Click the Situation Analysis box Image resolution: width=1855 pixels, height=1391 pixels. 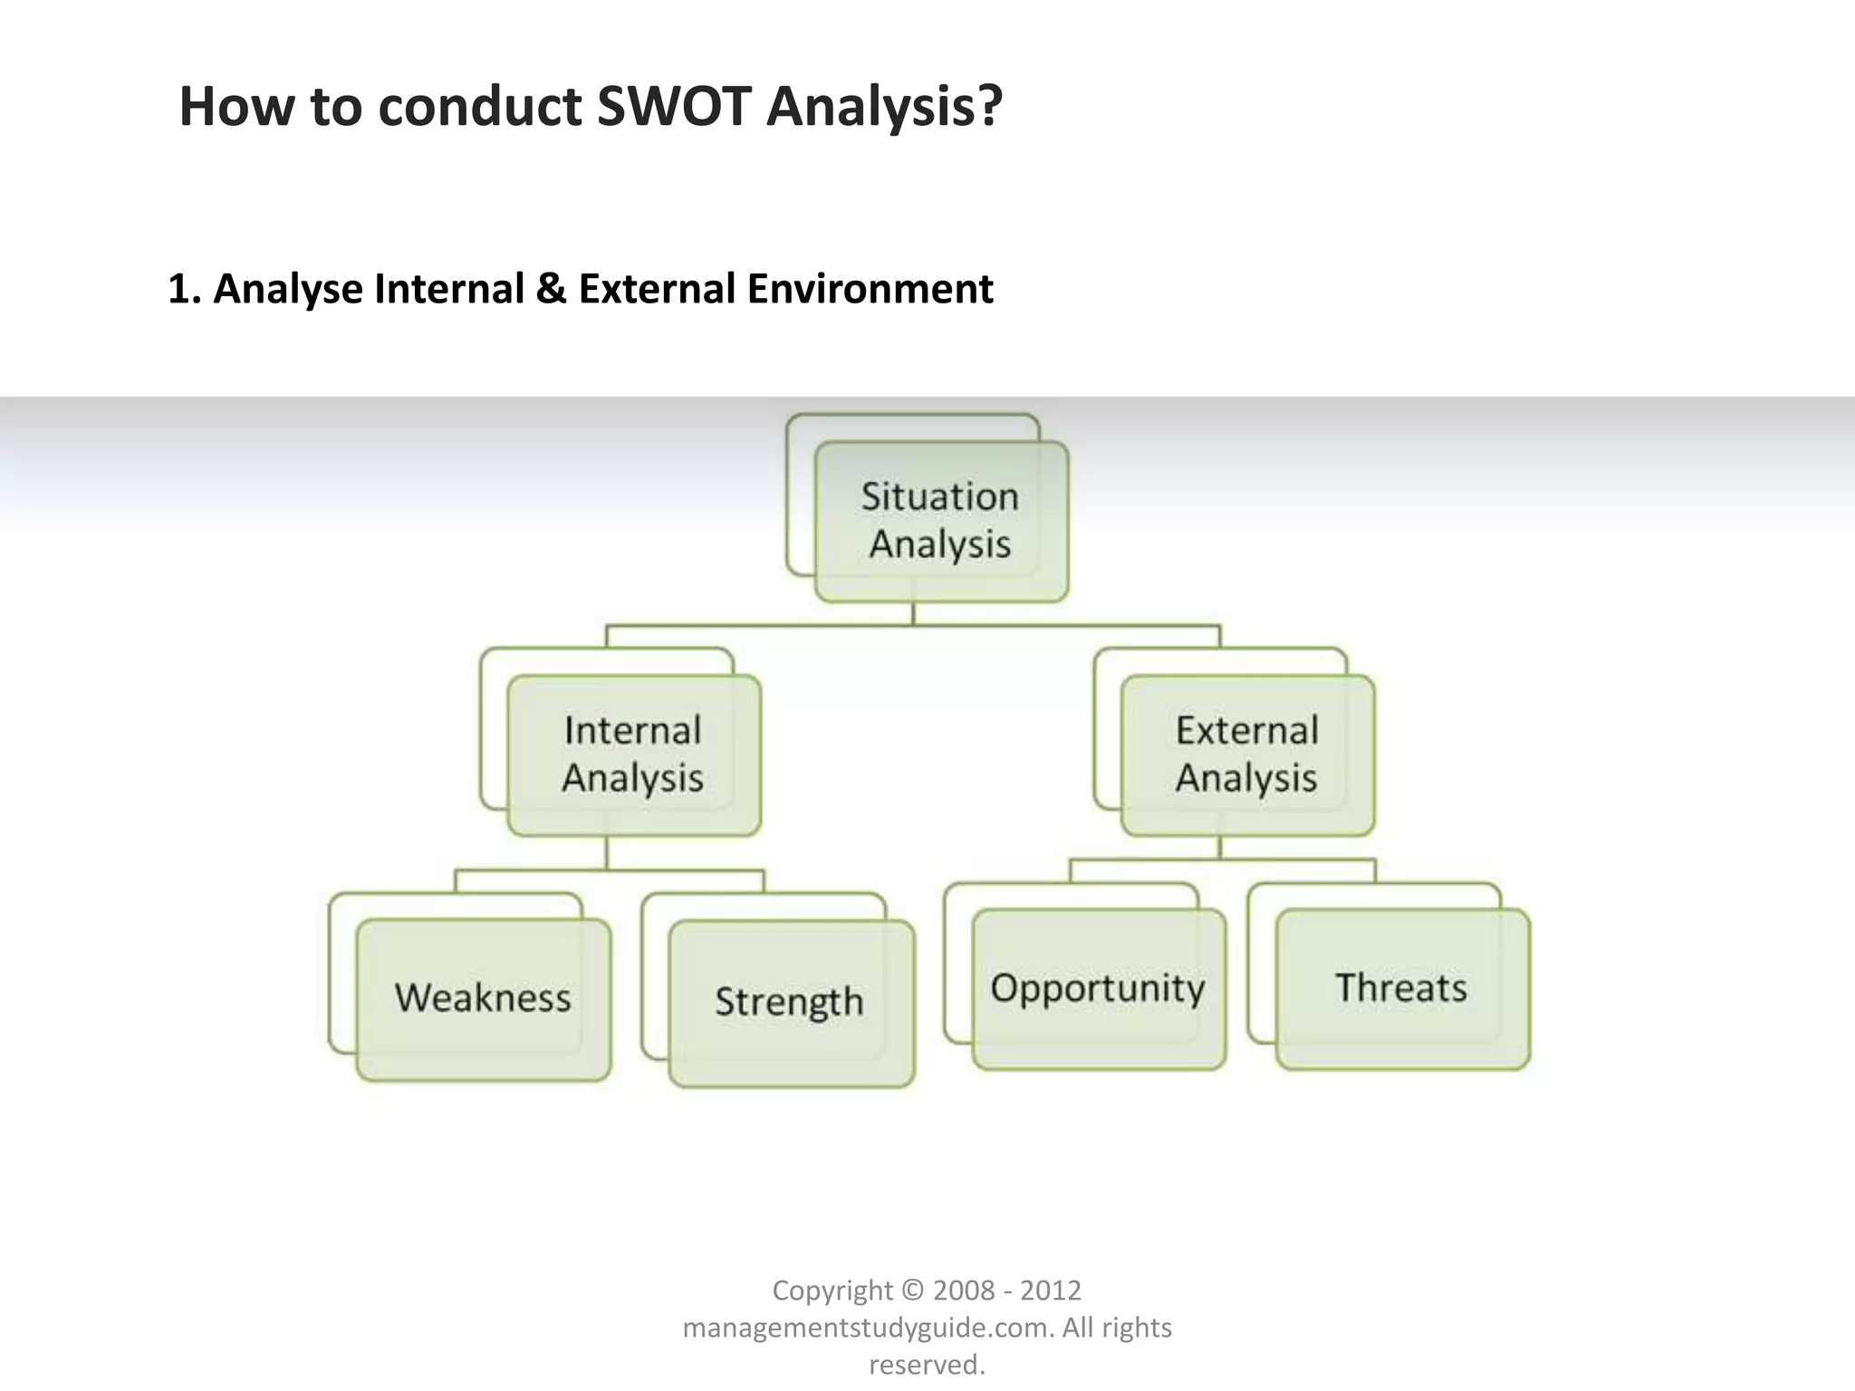[941, 521]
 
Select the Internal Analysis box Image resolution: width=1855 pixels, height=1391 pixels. [633, 754]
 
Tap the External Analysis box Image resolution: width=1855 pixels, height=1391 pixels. [1247, 754]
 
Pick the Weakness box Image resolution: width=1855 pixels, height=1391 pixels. [483, 998]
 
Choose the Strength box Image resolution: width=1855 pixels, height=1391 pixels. [790, 1002]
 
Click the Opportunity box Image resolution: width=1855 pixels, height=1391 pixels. [1098, 988]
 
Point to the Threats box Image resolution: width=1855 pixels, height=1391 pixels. [1401, 988]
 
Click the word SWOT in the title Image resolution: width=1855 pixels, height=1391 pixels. [674, 107]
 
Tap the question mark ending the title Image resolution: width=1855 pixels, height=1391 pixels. [990, 107]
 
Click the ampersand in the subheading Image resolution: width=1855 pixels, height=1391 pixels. [550, 290]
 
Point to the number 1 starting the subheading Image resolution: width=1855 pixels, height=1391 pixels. [180, 290]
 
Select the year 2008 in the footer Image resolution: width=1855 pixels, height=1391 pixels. [966, 1290]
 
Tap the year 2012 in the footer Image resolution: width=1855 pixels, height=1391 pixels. [1052, 1290]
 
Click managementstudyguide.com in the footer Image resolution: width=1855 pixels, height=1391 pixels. [868, 1328]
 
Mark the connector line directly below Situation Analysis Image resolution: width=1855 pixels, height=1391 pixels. [913, 614]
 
